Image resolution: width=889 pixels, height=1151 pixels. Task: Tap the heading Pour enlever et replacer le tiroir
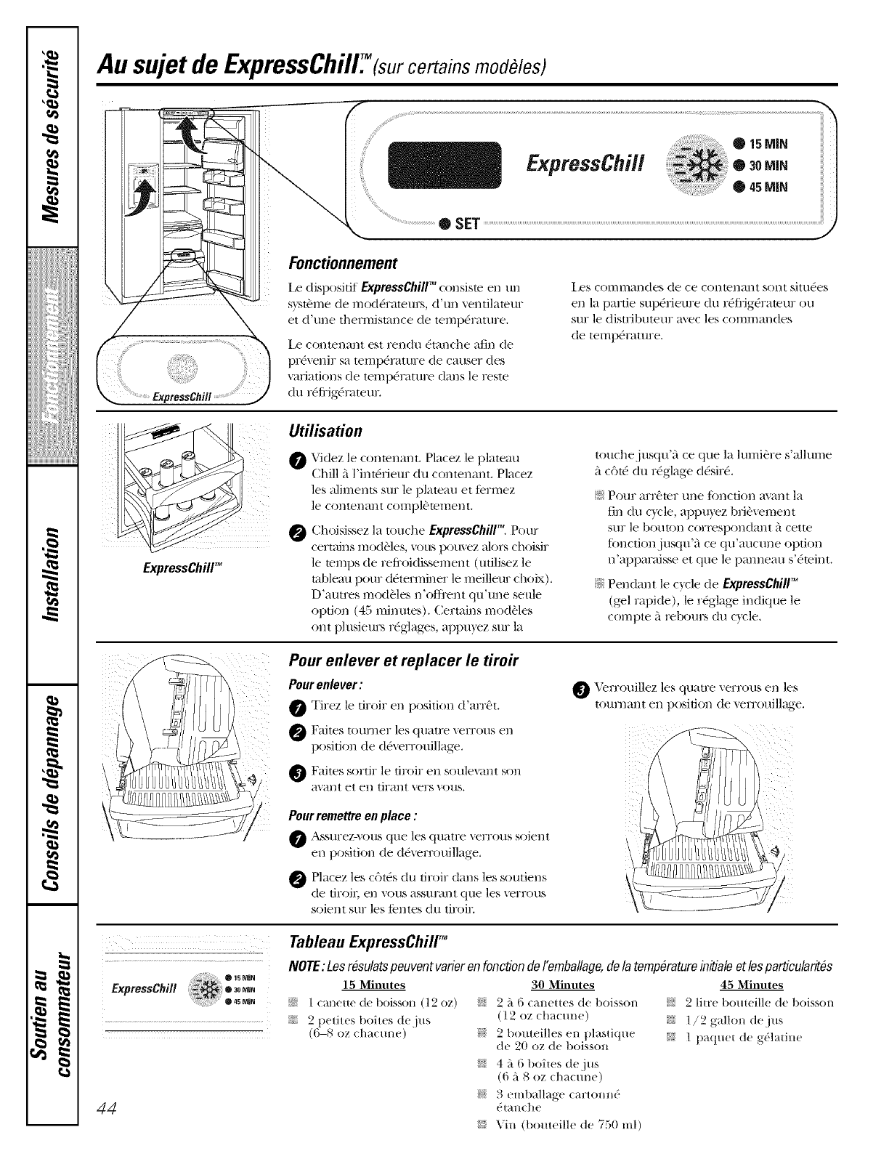coord(403,660)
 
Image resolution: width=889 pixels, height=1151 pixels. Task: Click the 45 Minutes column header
coord(751,985)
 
